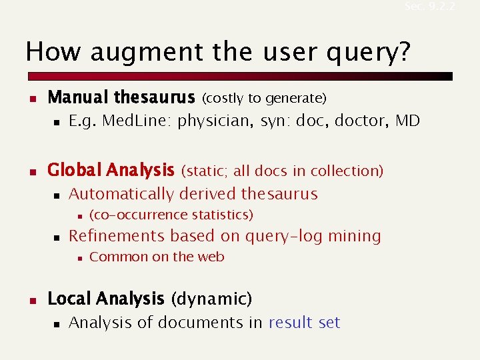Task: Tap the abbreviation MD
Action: pos(407,121)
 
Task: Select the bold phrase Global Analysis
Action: pos(110,171)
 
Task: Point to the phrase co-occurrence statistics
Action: pos(171,215)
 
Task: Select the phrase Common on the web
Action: pos(157,257)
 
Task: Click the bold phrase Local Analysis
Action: pos(105,299)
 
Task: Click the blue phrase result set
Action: pos(304,323)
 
